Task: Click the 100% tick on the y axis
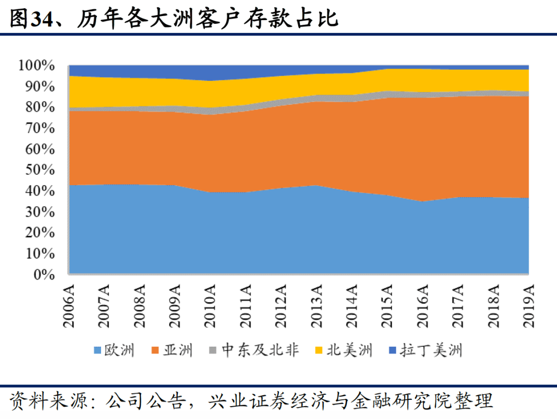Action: [36, 66]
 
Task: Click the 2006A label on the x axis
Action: [69, 306]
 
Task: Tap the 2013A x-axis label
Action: [316, 306]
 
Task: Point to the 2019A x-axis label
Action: [528, 306]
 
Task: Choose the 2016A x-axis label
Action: [422, 306]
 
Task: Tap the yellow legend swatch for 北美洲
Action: [319, 351]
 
